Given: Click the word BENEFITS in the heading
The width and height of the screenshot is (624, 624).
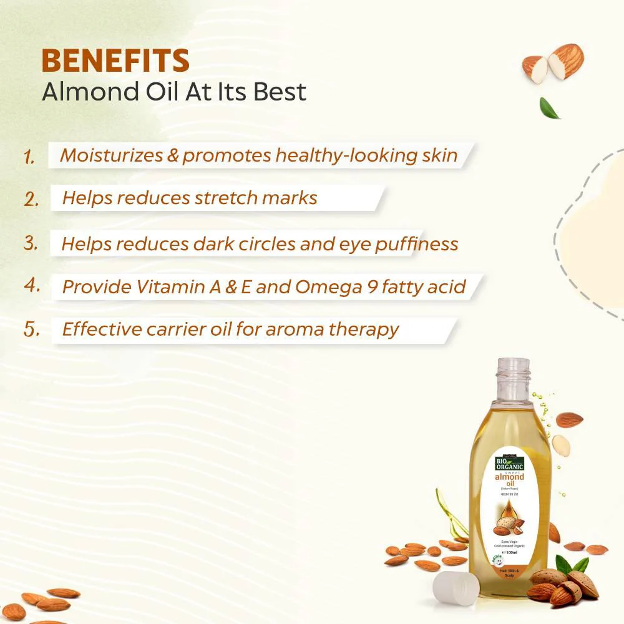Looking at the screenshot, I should (x=115, y=61).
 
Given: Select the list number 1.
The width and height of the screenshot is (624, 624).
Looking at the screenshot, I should (x=29, y=156).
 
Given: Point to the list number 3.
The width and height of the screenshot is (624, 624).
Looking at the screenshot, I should (x=31, y=243).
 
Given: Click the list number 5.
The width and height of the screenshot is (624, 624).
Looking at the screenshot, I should (x=32, y=329).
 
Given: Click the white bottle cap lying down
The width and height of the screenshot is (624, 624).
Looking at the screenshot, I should (x=456, y=589).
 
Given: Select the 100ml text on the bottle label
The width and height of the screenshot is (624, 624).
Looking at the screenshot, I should (x=511, y=552).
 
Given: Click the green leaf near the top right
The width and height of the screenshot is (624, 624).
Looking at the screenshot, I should (x=550, y=107).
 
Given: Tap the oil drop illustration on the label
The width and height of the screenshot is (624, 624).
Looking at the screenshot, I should (x=510, y=513).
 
